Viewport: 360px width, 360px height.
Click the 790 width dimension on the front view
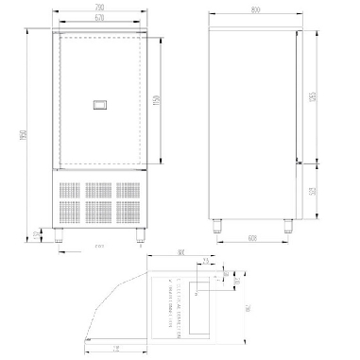[99, 9]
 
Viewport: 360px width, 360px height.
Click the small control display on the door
[99, 106]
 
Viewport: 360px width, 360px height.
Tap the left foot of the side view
[220, 227]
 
